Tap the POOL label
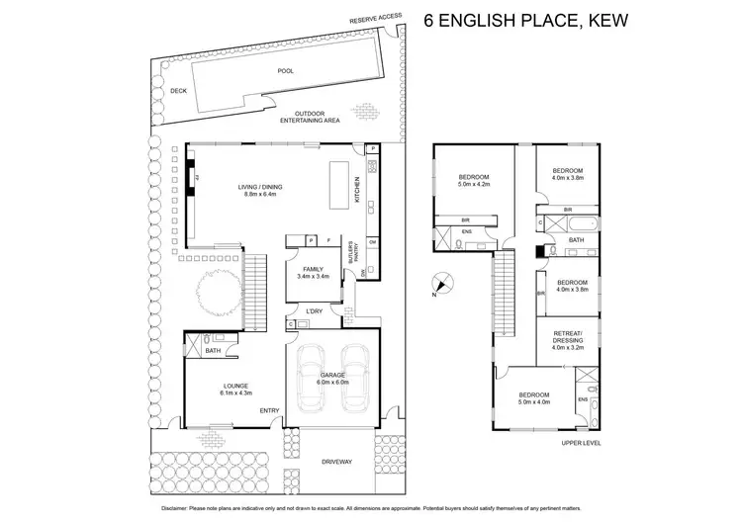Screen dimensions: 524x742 pyautogui.click(x=286, y=71)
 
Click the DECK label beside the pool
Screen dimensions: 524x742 pyautogui.click(x=178, y=90)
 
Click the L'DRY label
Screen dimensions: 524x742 pyautogui.click(x=315, y=312)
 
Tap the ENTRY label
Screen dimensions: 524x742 pyautogui.click(x=269, y=410)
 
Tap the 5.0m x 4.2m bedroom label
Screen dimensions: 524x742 pyautogui.click(x=473, y=181)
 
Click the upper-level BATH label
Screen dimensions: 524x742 pyautogui.click(x=577, y=239)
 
